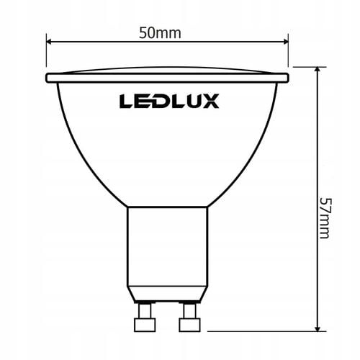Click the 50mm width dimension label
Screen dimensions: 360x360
tap(167, 33)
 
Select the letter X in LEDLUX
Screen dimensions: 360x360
tap(209, 101)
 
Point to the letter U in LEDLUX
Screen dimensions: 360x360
tap(192, 101)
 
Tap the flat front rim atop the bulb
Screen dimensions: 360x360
tap(167, 76)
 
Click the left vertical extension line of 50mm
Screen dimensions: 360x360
tap(46, 54)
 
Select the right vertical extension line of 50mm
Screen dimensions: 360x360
tap(289, 54)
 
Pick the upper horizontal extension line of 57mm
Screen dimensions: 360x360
tap(306, 66)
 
